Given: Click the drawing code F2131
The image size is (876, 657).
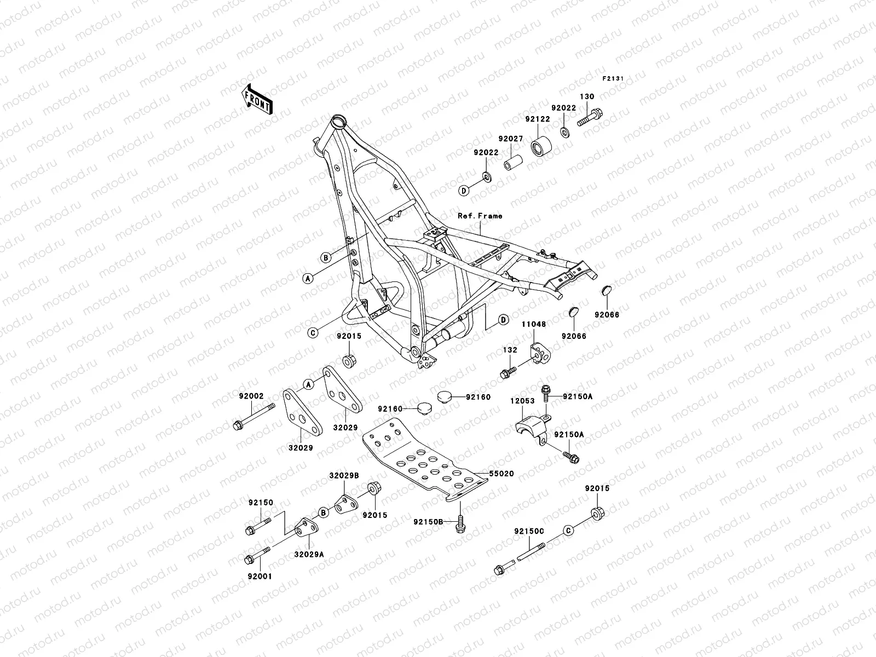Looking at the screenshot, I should [x=614, y=79].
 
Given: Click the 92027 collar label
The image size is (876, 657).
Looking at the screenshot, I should [x=511, y=139].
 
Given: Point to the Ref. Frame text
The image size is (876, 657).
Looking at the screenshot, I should [x=480, y=216].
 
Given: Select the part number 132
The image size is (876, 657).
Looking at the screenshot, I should [x=510, y=349].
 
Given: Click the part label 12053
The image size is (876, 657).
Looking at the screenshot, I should [x=523, y=401].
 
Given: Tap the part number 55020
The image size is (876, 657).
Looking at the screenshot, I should [x=502, y=474].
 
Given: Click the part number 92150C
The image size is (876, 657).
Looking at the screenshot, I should [x=529, y=531].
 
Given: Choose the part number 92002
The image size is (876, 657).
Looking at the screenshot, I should [x=251, y=396].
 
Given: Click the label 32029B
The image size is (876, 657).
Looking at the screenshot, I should [x=344, y=476].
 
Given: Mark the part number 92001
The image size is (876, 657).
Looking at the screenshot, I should [x=260, y=576].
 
